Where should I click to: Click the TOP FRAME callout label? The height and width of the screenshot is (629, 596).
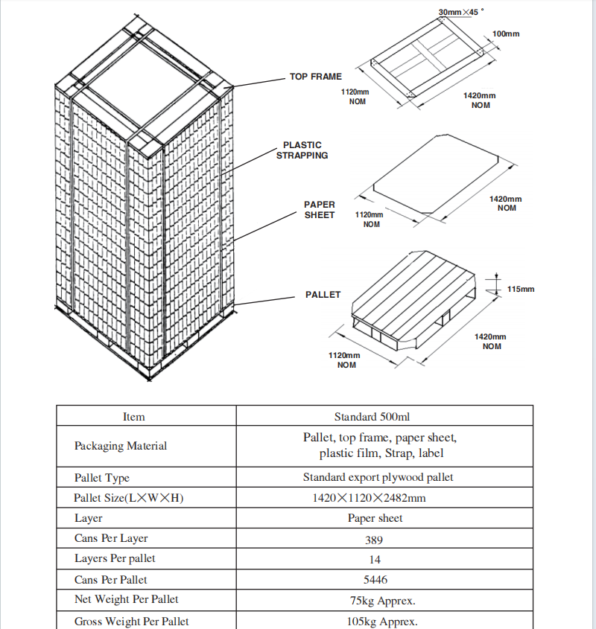315,77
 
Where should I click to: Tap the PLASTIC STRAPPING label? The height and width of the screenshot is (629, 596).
302,150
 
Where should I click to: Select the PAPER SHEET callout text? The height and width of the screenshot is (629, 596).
320,210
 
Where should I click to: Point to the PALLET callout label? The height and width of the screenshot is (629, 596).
323,295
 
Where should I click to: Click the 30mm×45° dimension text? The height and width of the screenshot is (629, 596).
460,13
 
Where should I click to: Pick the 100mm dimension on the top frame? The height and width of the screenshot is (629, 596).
506,34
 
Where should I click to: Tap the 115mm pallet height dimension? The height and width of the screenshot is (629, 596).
521,289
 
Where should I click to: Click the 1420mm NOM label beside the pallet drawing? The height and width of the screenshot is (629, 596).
491,342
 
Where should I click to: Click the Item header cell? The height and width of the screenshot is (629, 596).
134,417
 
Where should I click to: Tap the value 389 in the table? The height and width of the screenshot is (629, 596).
384,539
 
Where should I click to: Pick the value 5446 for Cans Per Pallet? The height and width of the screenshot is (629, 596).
384,580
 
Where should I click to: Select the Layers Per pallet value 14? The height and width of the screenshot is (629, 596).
384,559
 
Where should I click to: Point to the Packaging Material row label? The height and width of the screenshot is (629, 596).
121,446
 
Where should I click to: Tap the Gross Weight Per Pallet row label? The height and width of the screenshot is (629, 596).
131,621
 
